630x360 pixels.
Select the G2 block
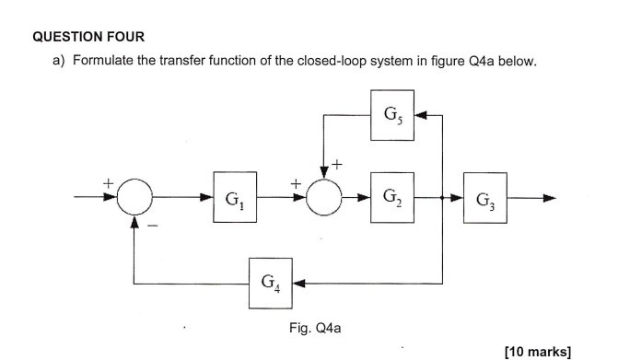pos(391,198)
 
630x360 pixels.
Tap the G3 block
pos(484,198)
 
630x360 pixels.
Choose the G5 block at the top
pos(391,116)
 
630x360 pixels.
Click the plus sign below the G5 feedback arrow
pos(338,165)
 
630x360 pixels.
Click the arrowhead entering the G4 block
pos(300,282)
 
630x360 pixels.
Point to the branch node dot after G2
pos(443,198)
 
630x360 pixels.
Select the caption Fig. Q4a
pos(315,327)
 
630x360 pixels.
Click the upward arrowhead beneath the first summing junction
pos(135,222)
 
